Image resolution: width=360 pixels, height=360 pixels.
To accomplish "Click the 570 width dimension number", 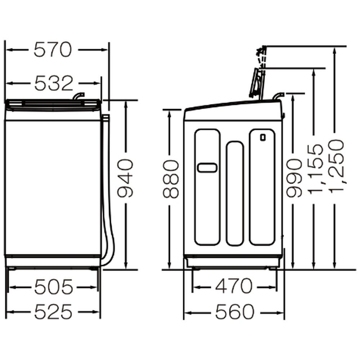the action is [53, 50].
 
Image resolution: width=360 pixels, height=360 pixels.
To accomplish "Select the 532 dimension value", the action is [54, 83].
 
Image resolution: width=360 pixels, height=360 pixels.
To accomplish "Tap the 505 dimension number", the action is [54, 287].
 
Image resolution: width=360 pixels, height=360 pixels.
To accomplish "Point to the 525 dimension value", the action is [53, 311].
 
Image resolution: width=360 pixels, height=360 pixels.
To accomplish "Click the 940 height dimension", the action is [125, 178].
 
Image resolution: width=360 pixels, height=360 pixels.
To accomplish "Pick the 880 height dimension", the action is [171, 179].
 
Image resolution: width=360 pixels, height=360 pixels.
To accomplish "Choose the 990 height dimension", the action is [294, 178].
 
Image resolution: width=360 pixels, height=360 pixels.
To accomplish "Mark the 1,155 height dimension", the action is [315, 169].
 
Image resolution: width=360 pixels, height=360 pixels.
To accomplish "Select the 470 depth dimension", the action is [234, 286].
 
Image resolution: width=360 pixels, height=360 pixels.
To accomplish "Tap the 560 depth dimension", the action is [235, 312].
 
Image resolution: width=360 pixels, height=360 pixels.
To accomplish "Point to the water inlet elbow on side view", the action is [278, 96].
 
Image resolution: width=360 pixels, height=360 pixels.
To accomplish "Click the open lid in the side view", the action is [256, 83].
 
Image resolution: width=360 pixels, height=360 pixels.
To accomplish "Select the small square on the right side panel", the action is [263, 137].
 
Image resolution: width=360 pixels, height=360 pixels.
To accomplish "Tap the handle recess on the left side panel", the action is [207, 168].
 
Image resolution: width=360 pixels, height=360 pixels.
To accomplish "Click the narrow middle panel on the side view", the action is [235, 194].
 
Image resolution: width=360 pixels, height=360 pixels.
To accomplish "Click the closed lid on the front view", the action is [53, 105].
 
